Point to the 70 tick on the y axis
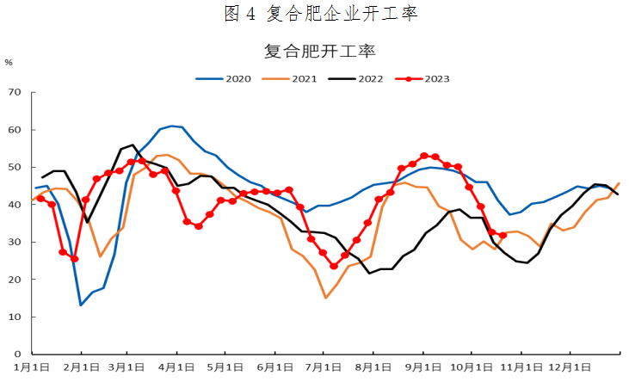tap(15, 92)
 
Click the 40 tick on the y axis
tap(15, 205)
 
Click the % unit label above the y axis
tap(9, 62)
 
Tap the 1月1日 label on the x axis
tap(32, 367)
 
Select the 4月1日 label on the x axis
tap(176, 367)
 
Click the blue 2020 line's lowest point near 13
tap(81, 305)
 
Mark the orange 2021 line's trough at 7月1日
tap(325, 298)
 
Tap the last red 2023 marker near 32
tap(503, 235)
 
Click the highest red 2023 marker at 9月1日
tap(424, 156)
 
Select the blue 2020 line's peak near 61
tap(171, 126)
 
